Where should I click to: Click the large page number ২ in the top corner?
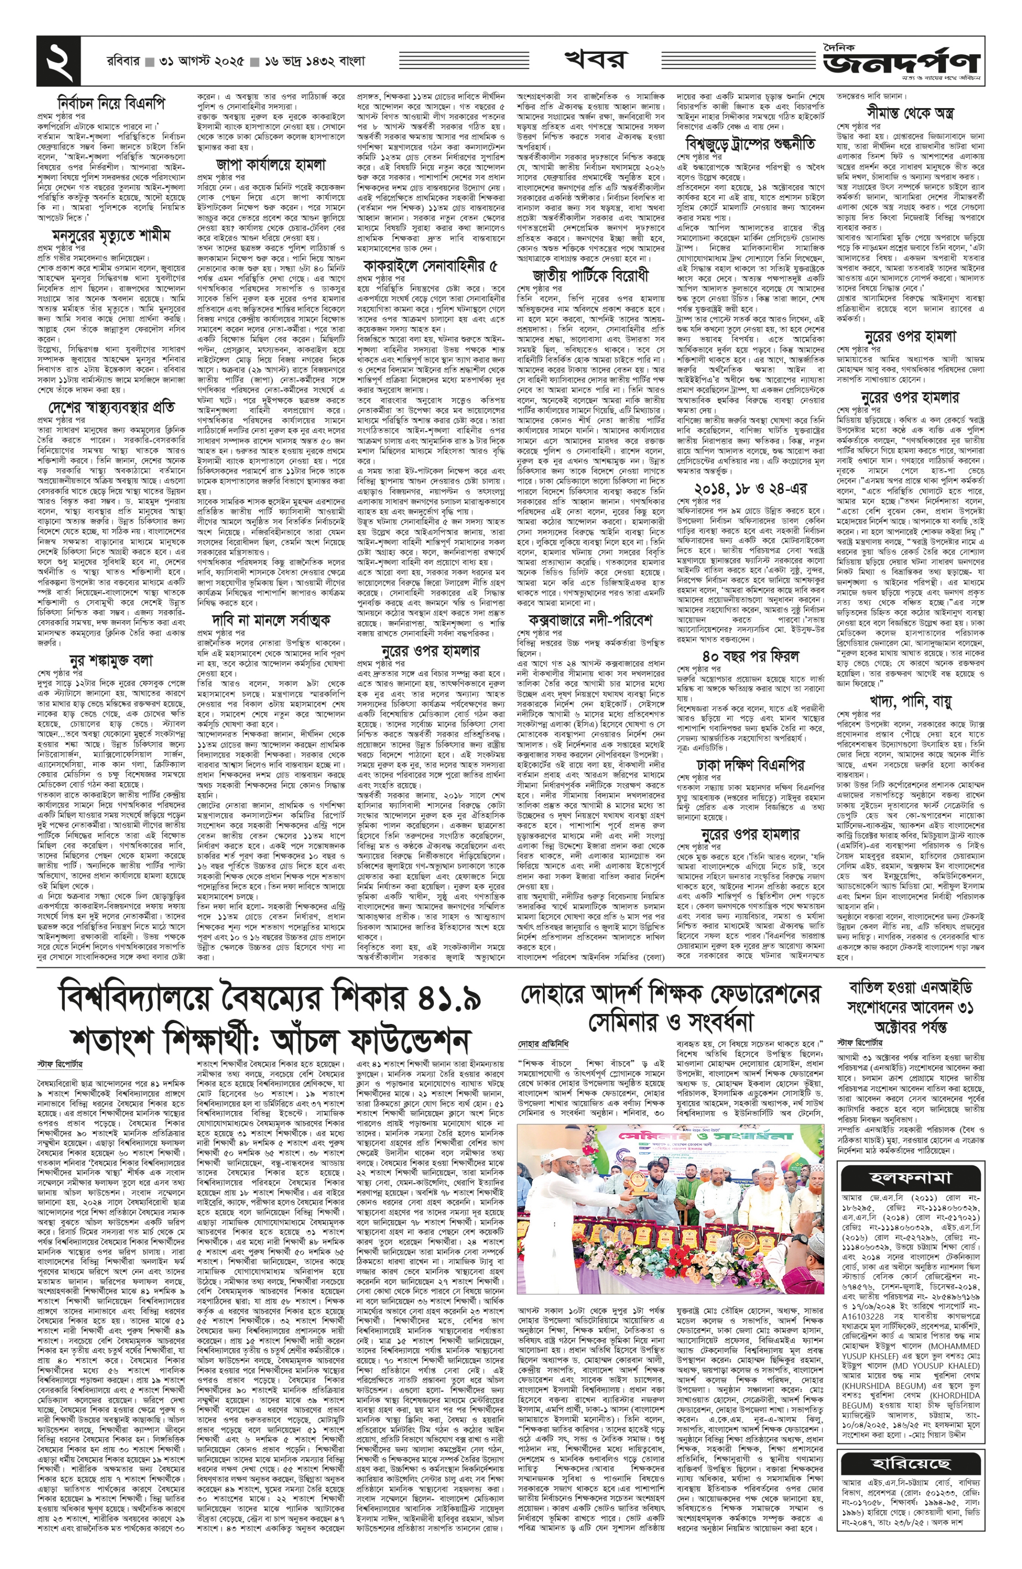click(58, 60)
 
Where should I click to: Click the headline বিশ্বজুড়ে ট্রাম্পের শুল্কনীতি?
click(751, 142)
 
